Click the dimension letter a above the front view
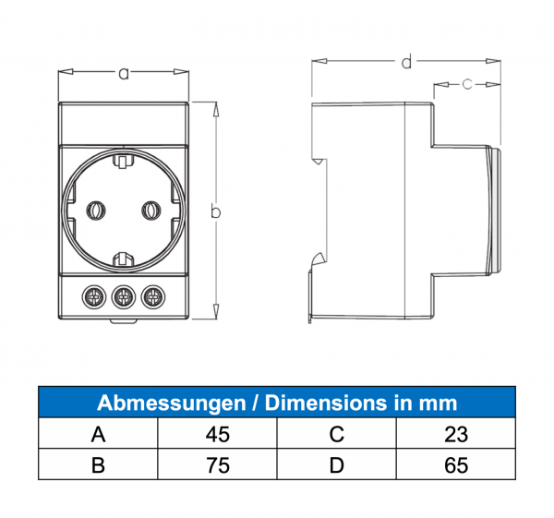(x=124, y=74)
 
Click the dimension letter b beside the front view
(x=215, y=211)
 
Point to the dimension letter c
(x=467, y=84)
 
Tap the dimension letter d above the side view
(x=406, y=61)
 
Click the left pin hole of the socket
(x=96, y=211)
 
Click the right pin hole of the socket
(x=151, y=211)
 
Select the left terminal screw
(x=94, y=297)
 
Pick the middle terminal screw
(x=124, y=297)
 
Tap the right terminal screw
(x=153, y=297)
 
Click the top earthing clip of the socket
(x=124, y=161)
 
